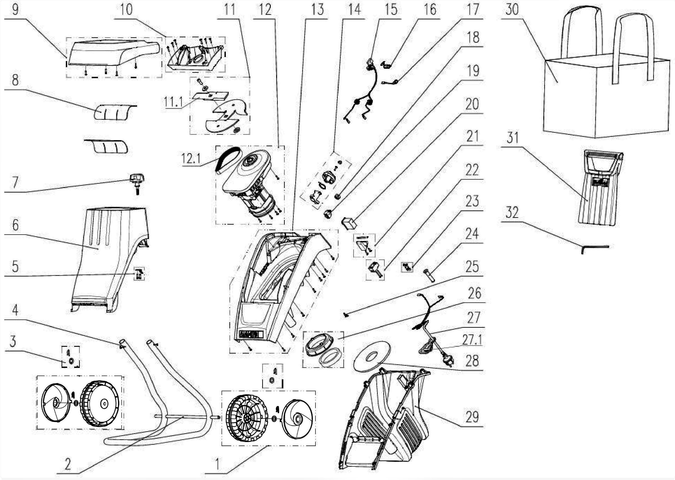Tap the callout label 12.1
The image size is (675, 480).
tap(191, 159)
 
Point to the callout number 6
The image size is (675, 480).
tap(15, 225)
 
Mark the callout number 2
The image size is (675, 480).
tap(68, 464)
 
